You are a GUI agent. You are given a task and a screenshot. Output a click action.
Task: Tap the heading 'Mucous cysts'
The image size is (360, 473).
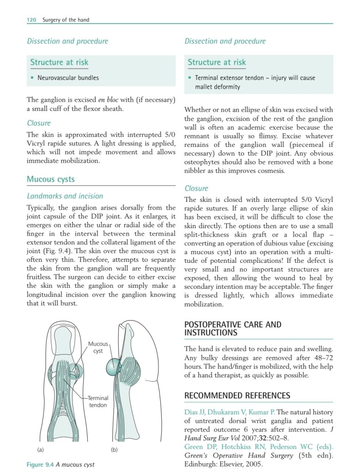[50, 179]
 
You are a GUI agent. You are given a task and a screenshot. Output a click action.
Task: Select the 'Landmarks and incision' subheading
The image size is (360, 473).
[65, 196]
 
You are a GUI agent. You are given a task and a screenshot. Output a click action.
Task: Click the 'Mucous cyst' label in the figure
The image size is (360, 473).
[98, 347]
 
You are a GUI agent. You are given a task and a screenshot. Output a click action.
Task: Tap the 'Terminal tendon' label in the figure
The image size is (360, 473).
[98, 401]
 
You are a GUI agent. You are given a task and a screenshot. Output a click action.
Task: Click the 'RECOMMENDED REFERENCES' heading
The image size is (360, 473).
[237, 395]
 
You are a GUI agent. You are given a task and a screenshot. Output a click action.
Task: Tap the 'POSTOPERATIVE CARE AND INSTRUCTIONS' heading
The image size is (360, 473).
[232, 328]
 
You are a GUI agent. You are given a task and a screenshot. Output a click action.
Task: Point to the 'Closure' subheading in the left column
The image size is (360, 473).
[39, 123]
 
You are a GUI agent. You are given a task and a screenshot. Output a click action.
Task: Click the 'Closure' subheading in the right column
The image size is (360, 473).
[196, 188]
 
